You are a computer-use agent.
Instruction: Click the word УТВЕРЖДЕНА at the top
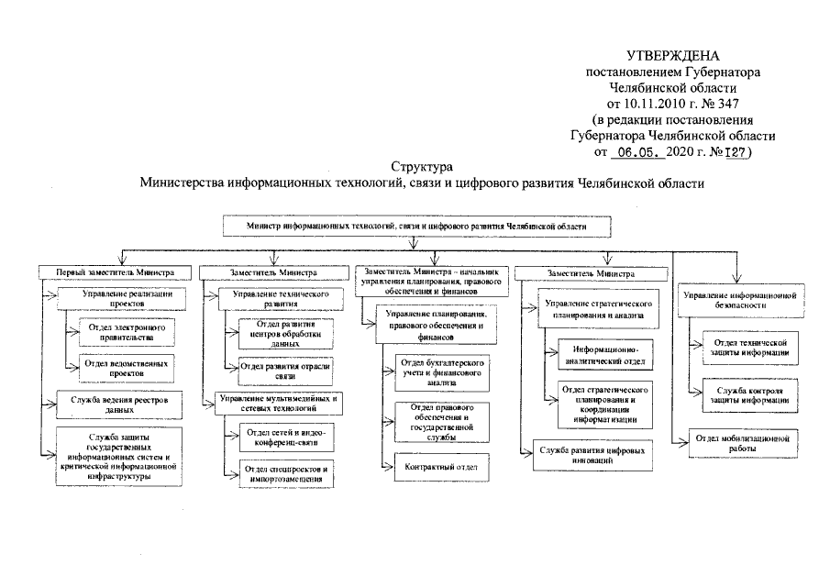668,58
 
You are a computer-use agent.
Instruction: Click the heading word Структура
421,167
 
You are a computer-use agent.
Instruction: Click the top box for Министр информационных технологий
416,225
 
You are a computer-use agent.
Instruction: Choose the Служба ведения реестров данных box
114,405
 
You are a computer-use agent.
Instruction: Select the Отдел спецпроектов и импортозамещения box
281,475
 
